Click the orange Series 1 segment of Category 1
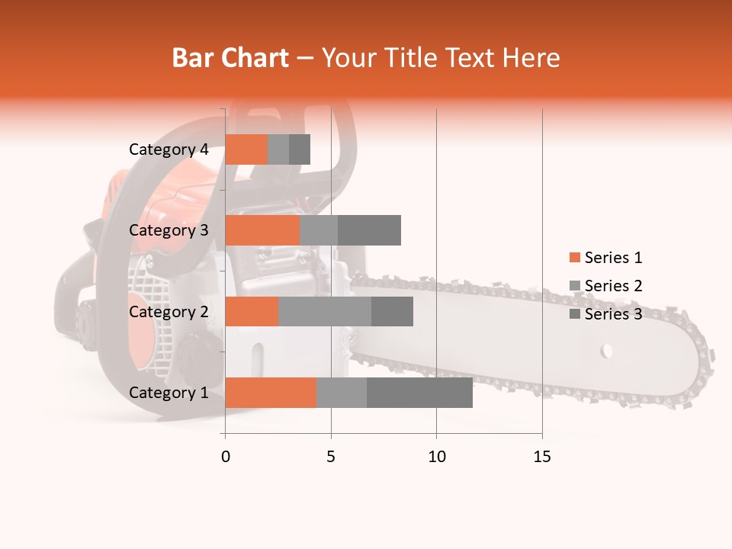pyautogui.click(x=271, y=392)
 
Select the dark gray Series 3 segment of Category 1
pyautogui.click(x=419, y=392)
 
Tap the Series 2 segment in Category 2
pyautogui.click(x=325, y=311)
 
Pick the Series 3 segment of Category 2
pyautogui.click(x=392, y=311)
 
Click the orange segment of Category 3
pyautogui.click(x=262, y=230)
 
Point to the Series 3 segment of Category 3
pyautogui.click(x=369, y=230)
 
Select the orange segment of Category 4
pyautogui.click(x=246, y=149)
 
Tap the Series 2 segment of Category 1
pyautogui.click(x=342, y=392)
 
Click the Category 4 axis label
pyautogui.click(x=169, y=149)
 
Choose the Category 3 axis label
pyautogui.click(x=169, y=230)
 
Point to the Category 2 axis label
pyautogui.click(x=169, y=311)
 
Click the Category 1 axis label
pyautogui.click(x=169, y=393)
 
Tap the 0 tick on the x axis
pyautogui.click(x=225, y=457)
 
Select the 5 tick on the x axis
pyautogui.click(x=331, y=457)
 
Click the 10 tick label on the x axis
pyautogui.click(x=436, y=457)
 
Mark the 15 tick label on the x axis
pyautogui.click(x=542, y=457)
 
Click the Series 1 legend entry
pyautogui.click(x=605, y=258)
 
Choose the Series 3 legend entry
pyautogui.click(x=605, y=314)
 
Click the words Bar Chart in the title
pyautogui.click(x=230, y=57)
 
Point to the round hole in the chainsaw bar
pyautogui.click(x=607, y=352)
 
